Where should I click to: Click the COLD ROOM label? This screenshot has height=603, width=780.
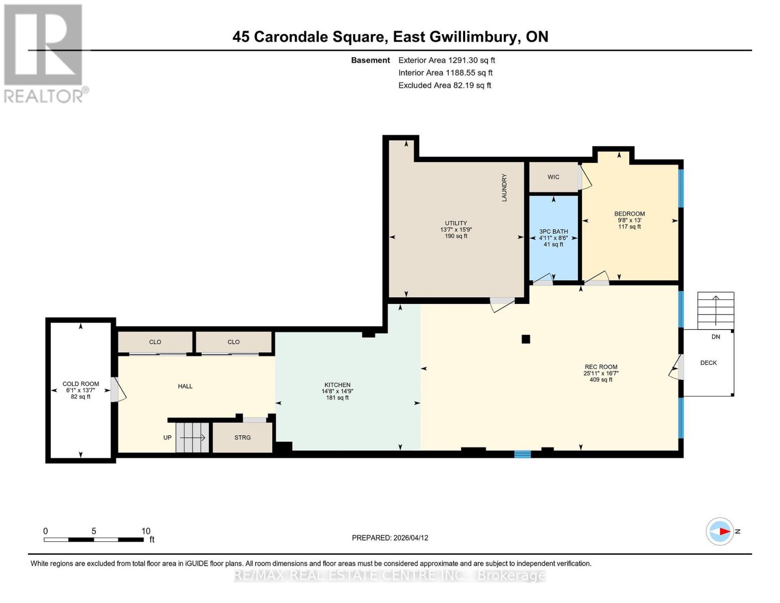[80, 384]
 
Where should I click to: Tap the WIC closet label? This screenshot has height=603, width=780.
[553, 177]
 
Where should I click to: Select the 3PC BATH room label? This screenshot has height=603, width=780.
[553, 232]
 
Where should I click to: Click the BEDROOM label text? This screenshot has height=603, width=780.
[629, 214]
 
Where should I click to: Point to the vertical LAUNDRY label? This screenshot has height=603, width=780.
[504, 188]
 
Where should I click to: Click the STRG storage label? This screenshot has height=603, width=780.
[243, 438]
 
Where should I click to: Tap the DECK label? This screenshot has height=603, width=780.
[708, 363]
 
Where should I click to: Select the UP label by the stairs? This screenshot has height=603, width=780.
[168, 438]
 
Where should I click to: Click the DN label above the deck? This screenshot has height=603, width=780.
[716, 337]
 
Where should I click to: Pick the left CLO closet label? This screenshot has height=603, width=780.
[155, 342]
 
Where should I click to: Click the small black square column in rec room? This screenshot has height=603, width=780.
[525, 339]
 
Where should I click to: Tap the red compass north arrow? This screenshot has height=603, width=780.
[724, 531]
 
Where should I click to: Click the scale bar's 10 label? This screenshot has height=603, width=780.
[146, 531]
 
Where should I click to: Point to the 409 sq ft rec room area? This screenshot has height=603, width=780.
[601, 380]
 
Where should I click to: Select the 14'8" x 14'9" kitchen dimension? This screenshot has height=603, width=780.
[338, 391]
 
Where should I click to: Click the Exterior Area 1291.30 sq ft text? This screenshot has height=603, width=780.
[447, 60]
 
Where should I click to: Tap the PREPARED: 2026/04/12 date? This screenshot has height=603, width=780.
[390, 538]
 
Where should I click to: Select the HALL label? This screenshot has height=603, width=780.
[185, 386]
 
